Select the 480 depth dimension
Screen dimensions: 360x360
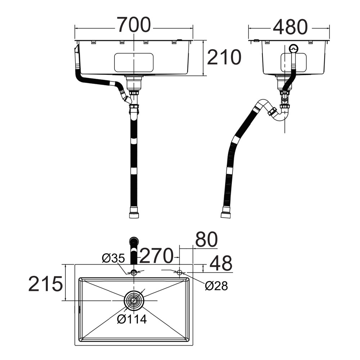290,27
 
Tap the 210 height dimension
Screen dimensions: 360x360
224,57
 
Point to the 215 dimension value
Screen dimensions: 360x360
45,284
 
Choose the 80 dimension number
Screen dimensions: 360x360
206,239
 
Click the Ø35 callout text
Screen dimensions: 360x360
113,258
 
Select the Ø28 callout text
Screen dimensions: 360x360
216,286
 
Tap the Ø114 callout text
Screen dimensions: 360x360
132,319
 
